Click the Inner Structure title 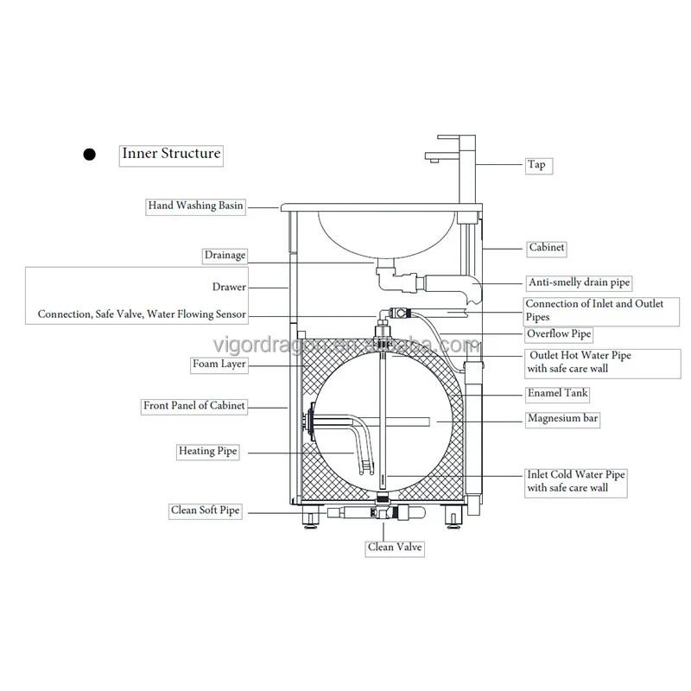tap(171, 155)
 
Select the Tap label tap(536, 164)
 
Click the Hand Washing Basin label tap(195, 206)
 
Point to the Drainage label tap(225, 255)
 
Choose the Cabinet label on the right tap(547, 248)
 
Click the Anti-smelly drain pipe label tap(579, 282)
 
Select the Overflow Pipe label tap(559, 333)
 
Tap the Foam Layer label tap(219, 365)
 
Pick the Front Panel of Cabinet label tap(194, 405)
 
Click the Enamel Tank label tap(558, 394)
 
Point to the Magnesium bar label tap(563, 419)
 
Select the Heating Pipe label tap(207, 451)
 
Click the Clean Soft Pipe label tap(205, 510)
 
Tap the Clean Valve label tap(395, 547)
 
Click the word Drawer tap(229, 287)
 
